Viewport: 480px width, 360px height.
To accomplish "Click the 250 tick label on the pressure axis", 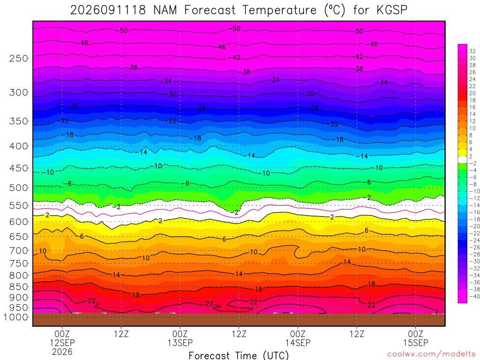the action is [18, 58].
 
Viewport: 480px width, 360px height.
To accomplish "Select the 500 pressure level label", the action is [18, 187].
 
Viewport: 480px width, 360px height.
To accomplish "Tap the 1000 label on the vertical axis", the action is [16, 317].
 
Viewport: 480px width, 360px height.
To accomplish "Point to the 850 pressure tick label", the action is [18, 287].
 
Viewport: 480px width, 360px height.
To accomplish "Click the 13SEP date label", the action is [180, 343].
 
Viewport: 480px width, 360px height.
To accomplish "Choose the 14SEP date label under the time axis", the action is [298, 343].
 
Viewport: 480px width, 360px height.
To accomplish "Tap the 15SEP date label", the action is [415, 343].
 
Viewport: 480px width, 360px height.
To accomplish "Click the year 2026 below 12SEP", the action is [62, 352].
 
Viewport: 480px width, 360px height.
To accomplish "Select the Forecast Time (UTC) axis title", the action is [239, 355].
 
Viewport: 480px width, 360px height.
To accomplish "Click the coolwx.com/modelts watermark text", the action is [431, 354].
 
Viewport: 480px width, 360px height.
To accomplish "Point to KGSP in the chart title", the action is [392, 10].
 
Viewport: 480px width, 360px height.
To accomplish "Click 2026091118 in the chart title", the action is [108, 10].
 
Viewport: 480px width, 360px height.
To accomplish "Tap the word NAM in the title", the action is [165, 10].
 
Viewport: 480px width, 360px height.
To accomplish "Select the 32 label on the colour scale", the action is [472, 51].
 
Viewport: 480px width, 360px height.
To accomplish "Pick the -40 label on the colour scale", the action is [474, 296].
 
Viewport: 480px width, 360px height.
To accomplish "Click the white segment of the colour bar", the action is [463, 159].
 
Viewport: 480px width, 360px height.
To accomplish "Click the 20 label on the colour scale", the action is [472, 93].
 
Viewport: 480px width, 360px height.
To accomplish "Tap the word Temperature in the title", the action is [279, 10].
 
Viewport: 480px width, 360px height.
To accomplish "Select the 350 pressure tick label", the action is [18, 121].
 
